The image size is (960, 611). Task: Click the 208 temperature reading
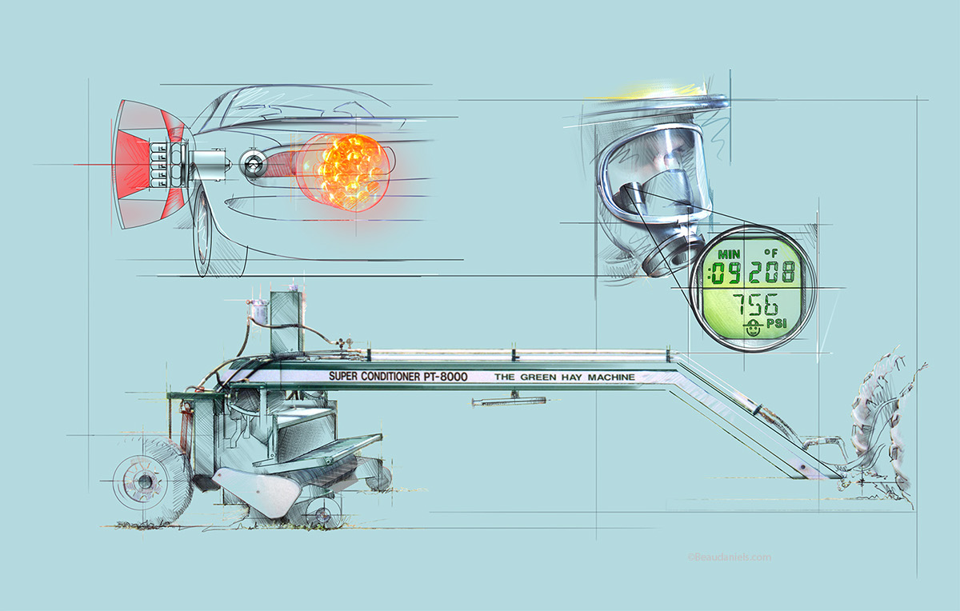pos(770,274)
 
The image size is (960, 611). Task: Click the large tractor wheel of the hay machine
pos(149,481)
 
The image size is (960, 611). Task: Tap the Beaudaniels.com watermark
pos(728,557)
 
